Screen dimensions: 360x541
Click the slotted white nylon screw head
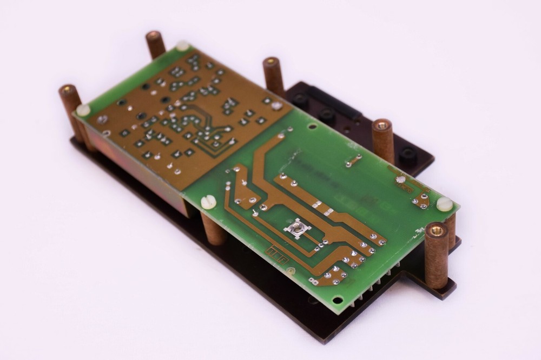point(208,202)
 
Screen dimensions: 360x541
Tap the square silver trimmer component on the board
point(296,229)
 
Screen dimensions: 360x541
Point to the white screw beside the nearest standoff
point(444,204)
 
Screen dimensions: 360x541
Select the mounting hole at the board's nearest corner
point(338,300)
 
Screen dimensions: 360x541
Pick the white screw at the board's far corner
point(182,46)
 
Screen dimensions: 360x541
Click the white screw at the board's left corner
point(83,110)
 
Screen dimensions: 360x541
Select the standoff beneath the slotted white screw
point(213,230)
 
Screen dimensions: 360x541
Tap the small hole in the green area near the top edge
point(312,126)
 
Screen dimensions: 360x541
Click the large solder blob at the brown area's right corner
point(276,105)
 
